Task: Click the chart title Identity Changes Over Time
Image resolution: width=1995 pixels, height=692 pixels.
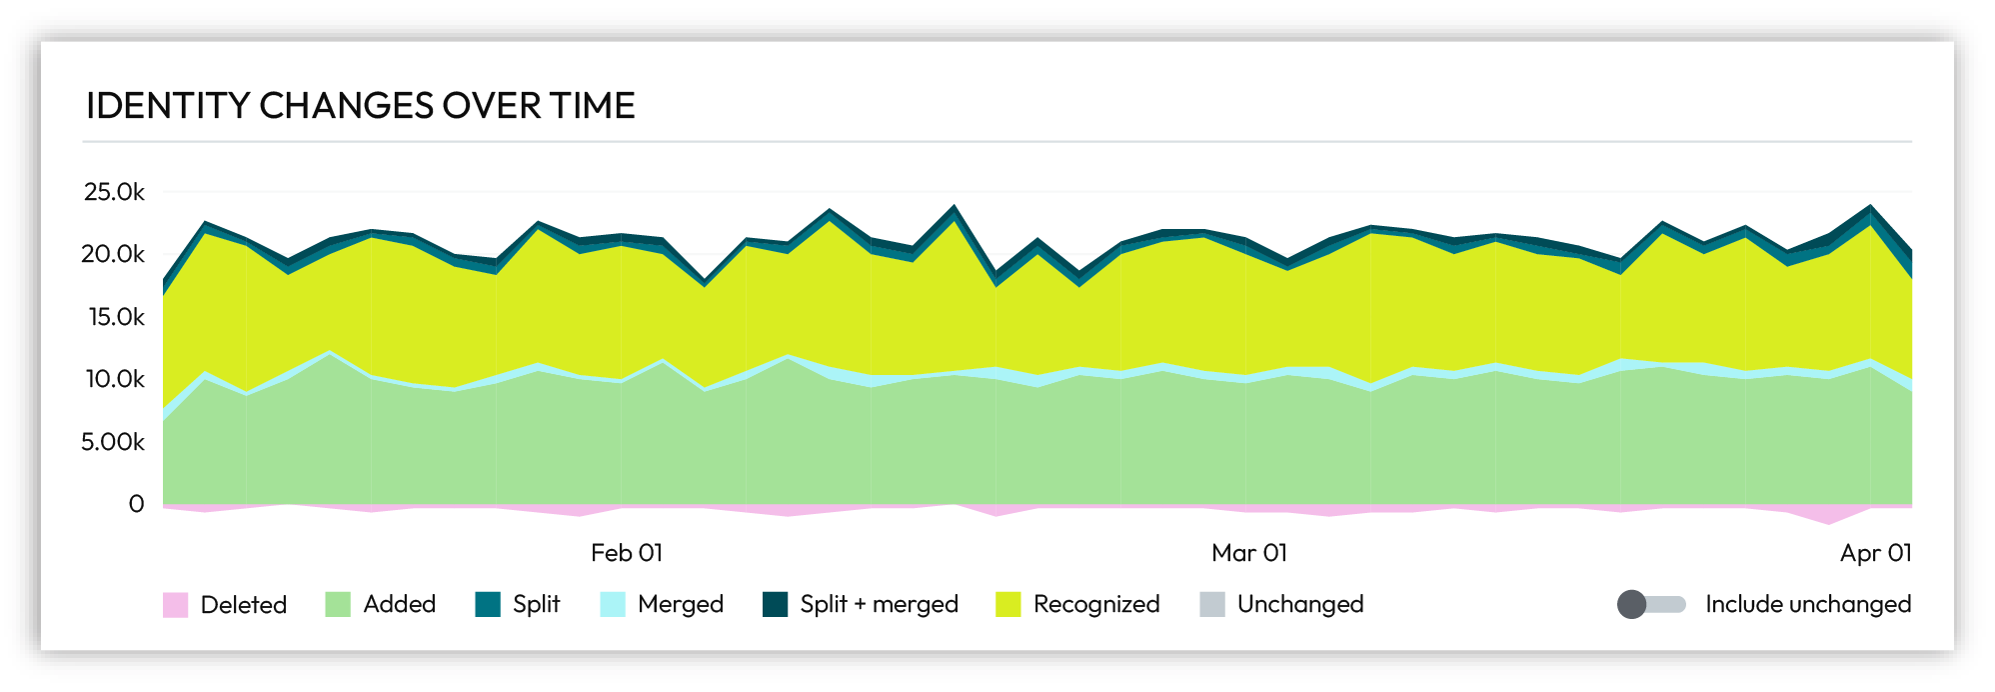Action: [x=360, y=106]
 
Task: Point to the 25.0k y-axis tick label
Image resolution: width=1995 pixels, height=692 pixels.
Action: [x=114, y=192]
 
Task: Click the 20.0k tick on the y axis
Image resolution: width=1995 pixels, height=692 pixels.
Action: [x=113, y=254]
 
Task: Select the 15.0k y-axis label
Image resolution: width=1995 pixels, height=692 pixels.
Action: [x=115, y=317]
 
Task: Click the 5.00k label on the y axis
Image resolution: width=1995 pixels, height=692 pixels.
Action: [x=113, y=442]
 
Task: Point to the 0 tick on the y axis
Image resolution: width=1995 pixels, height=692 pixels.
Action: [x=136, y=504]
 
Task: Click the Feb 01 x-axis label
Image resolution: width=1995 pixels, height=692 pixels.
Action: [x=627, y=553]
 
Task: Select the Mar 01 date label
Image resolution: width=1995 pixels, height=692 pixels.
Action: [x=1248, y=553]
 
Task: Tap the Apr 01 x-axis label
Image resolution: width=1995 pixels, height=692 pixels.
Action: [x=1875, y=553]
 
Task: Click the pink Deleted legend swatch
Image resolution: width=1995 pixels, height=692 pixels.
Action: [x=175, y=605]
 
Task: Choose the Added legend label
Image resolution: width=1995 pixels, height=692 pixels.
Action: [x=399, y=604]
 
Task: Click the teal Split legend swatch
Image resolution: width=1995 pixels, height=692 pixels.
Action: [x=488, y=605]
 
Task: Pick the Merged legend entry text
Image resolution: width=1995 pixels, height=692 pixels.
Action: [x=680, y=604]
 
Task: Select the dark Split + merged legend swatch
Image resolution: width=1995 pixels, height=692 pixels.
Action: [x=775, y=605]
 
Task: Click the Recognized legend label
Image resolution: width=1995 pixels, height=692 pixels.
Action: [x=1095, y=604]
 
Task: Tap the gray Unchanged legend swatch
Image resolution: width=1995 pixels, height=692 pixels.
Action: [x=1211, y=605]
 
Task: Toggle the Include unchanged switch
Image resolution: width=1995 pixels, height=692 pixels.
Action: [x=1650, y=604]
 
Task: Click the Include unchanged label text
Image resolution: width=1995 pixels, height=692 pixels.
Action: [x=1807, y=604]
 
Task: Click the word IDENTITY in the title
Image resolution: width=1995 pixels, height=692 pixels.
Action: [x=167, y=106]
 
